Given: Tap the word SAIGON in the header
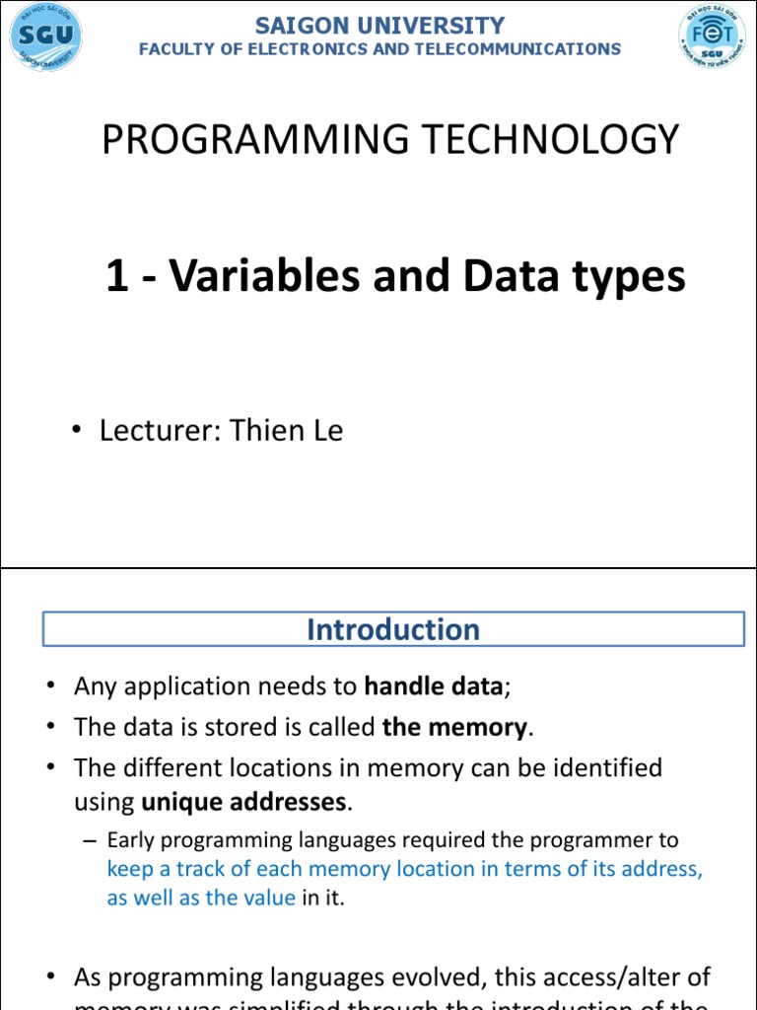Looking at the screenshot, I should pos(298,27).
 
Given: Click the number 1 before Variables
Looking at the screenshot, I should pos(117,277).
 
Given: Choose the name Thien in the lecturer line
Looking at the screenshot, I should pos(264,431).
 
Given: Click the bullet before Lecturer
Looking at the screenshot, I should pos(76,432).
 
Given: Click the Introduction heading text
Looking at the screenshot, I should pos(393,629).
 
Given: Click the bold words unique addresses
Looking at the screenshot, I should pos(244,802).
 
